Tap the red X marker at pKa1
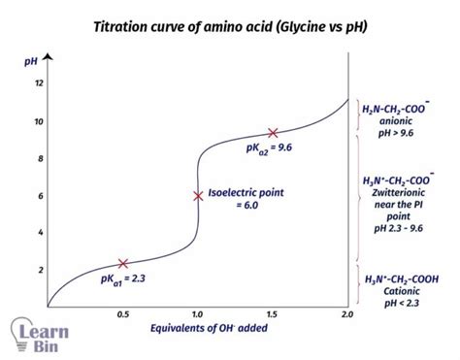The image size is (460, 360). (x=123, y=263)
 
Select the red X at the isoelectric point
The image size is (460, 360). (x=198, y=195)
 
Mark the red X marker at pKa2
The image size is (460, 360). (x=273, y=133)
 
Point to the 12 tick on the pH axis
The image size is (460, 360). (x=39, y=82)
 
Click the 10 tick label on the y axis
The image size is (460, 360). (x=39, y=120)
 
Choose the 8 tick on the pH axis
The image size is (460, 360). (x=39, y=158)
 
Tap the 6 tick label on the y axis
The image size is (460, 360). (x=39, y=195)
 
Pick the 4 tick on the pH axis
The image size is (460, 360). (x=39, y=233)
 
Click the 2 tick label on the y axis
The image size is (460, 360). (x=39, y=270)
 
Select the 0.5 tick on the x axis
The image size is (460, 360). (x=123, y=315)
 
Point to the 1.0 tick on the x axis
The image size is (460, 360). (x=198, y=315)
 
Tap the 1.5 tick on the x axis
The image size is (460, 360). (x=273, y=315)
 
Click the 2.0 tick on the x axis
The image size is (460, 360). (x=345, y=315)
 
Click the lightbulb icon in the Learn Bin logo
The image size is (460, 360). (x=21, y=330)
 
